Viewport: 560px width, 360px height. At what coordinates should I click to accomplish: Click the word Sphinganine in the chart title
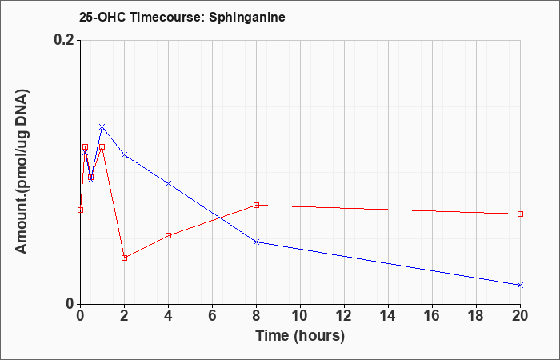point(246,18)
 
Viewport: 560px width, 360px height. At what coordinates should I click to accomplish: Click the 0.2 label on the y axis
point(64,40)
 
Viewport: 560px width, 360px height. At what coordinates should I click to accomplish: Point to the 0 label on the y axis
point(70,304)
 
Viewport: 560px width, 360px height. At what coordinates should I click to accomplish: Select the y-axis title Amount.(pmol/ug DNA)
point(22,172)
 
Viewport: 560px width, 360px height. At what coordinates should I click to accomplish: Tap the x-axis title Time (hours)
point(300,336)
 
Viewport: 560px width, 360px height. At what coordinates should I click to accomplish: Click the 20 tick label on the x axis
point(520,316)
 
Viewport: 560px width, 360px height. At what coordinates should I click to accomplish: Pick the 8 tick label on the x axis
point(257,316)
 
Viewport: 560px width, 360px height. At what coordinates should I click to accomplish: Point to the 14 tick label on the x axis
point(388,316)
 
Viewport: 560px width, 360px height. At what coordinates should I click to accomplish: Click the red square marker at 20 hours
point(520,214)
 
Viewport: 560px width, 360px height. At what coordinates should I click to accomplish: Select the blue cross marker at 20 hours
point(520,285)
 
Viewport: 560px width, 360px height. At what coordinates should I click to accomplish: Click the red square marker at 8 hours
point(257,205)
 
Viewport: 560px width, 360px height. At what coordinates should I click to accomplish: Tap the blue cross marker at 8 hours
point(257,242)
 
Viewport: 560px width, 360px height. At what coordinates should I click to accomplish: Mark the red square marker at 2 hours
point(124,258)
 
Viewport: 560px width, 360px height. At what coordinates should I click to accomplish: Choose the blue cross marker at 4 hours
point(169,183)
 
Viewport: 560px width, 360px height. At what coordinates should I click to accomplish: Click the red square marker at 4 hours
point(169,235)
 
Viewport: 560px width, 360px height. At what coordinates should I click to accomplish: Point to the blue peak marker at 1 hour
point(102,126)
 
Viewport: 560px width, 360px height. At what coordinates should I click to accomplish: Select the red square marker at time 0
point(80,210)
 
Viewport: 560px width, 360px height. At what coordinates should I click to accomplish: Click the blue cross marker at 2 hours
point(124,154)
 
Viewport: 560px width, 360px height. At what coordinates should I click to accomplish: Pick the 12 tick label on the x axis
point(344,316)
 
